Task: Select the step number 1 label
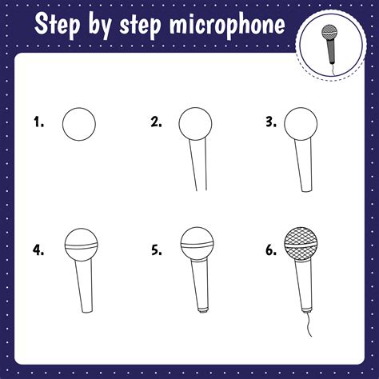pyautogui.click(x=38, y=122)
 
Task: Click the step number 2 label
pyautogui.click(x=156, y=122)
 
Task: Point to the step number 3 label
pyautogui.click(x=272, y=122)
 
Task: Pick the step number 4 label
pyautogui.click(x=38, y=250)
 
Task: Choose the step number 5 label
pyautogui.click(x=156, y=250)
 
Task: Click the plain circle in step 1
pyautogui.click(x=79, y=123)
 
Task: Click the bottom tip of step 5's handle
pyautogui.click(x=203, y=309)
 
